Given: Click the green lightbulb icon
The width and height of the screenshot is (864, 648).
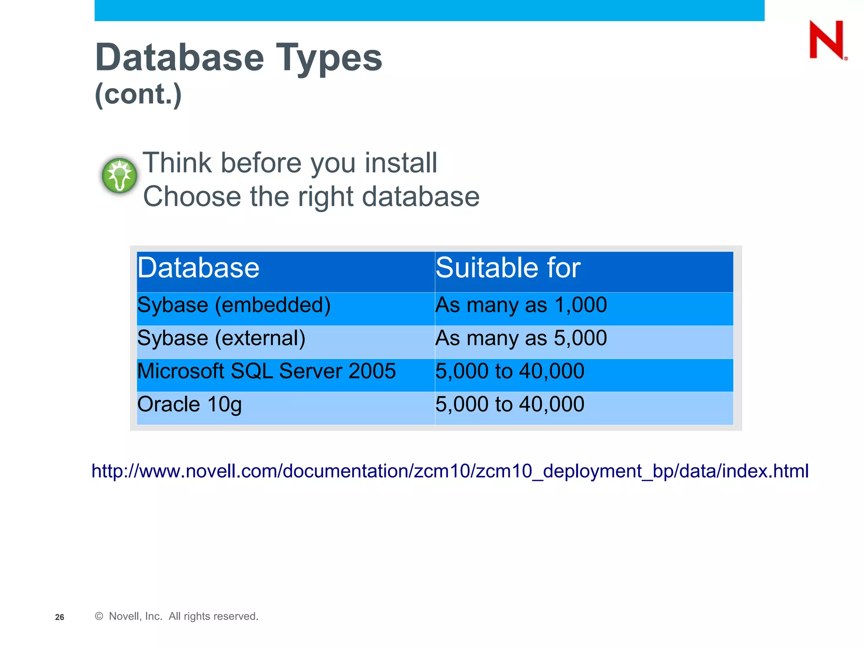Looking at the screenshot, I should pyautogui.click(x=119, y=175).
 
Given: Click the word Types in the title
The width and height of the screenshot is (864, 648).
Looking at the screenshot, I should pyautogui.click(x=329, y=58).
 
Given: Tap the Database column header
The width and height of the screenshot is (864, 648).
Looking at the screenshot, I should pyautogui.click(x=198, y=268).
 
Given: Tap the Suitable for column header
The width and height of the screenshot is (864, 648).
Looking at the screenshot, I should pyautogui.click(x=508, y=268).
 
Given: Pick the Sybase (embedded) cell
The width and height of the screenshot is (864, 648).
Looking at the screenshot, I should pyautogui.click(x=234, y=305).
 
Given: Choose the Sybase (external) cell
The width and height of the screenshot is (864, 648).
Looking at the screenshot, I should pyautogui.click(x=221, y=338).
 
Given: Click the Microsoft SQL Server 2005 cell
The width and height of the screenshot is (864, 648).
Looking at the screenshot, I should pyautogui.click(x=267, y=371).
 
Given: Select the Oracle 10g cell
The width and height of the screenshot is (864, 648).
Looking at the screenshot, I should pyautogui.click(x=189, y=404).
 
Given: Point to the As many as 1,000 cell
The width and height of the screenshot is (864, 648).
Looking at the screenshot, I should pyautogui.click(x=521, y=305).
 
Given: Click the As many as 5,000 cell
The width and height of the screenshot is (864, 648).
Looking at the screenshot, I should pyautogui.click(x=521, y=338).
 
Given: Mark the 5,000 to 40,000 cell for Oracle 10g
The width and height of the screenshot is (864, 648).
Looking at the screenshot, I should pyautogui.click(x=510, y=404).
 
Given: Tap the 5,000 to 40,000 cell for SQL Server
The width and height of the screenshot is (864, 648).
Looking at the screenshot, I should pyautogui.click(x=510, y=371).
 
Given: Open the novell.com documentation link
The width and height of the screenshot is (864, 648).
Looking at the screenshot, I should pyautogui.click(x=450, y=471).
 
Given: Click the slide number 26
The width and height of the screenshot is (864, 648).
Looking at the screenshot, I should pyautogui.click(x=59, y=617).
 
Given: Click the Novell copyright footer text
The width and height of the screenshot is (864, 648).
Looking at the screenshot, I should pyautogui.click(x=177, y=616).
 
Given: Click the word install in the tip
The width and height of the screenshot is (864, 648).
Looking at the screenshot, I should pyautogui.click(x=401, y=163).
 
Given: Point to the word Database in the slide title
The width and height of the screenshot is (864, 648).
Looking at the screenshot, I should pyautogui.click(x=180, y=58).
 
